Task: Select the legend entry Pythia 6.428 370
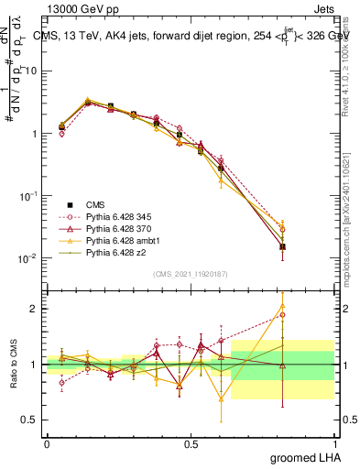point(115,229)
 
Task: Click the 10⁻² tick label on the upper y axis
point(27,258)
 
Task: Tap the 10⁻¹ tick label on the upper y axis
point(27,196)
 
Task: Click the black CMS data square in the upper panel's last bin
point(282,246)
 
